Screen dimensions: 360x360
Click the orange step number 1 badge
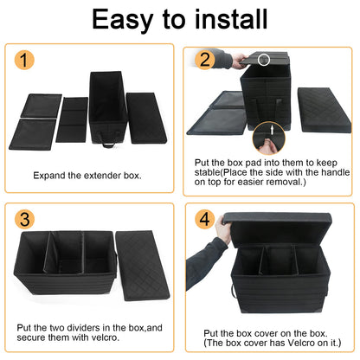click(x=24, y=61)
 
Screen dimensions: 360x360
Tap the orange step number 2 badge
click(x=204, y=60)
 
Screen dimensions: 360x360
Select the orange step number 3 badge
click(x=24, y=219)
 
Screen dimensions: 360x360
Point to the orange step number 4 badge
click(x=204, y=219)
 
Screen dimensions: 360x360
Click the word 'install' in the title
click(x=231, y=19)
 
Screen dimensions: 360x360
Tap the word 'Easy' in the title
click(x=122, y=20)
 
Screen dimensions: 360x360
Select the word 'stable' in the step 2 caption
click(x=207, y=172)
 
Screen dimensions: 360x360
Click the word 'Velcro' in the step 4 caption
click(x=301, y=343)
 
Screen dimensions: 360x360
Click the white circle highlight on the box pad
click(x=264, y=60)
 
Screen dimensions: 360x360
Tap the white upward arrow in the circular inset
click(x=271, y=130)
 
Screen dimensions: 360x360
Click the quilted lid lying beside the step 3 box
click(x=142, y=265)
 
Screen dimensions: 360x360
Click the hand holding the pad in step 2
click(x=240, y=61)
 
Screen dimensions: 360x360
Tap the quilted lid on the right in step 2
click(x=325, y=110)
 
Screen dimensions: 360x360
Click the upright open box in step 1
click(x=108, y=107)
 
